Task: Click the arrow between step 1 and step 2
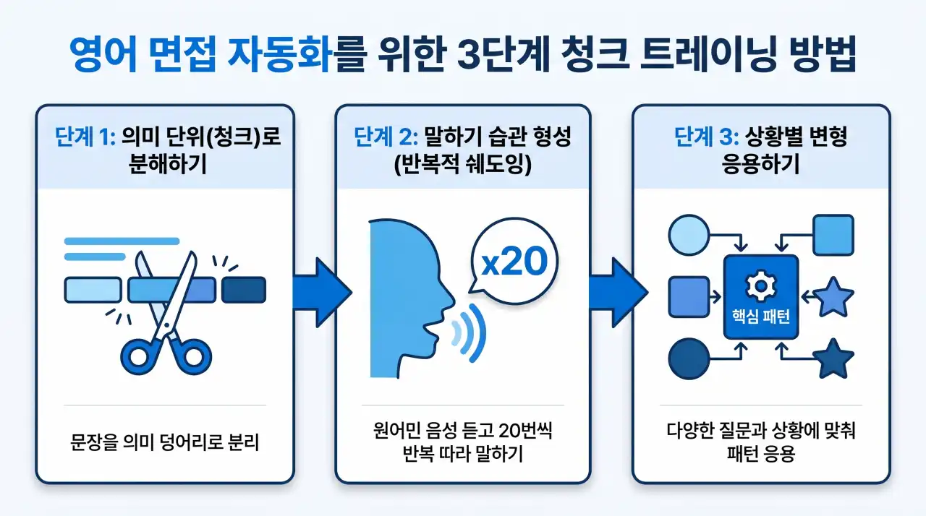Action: click(x=318, y=291)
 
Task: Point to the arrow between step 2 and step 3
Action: click(x=615, y=291)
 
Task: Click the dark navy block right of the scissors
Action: click(x=244, y=290)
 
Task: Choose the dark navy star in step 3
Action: click(x=834, y=359)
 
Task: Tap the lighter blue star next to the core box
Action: click(x=834, y=297)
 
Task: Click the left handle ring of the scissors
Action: click(x=137, y=356)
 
